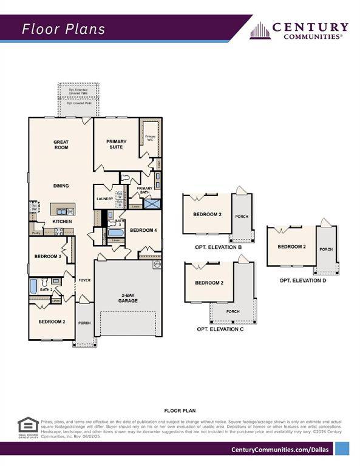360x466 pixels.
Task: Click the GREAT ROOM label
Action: tap(61, 144)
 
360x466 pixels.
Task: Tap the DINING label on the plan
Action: tap(61, 186)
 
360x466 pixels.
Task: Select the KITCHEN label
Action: tap(62, 221)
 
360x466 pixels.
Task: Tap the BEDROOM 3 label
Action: tap(47, 257)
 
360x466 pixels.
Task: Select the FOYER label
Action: tap(84, 280)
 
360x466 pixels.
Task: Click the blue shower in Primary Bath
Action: tap(152, 204)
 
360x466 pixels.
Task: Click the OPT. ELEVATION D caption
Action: tap(303, 280)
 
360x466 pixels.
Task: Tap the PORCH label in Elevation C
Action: tap(233, 312)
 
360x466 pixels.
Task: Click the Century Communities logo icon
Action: tap(260, 30)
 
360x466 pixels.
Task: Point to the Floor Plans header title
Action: tap(64, 29)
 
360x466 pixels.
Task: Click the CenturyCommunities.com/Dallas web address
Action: tap(280, 449)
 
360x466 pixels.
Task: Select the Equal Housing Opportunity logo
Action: tap(27, 427)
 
